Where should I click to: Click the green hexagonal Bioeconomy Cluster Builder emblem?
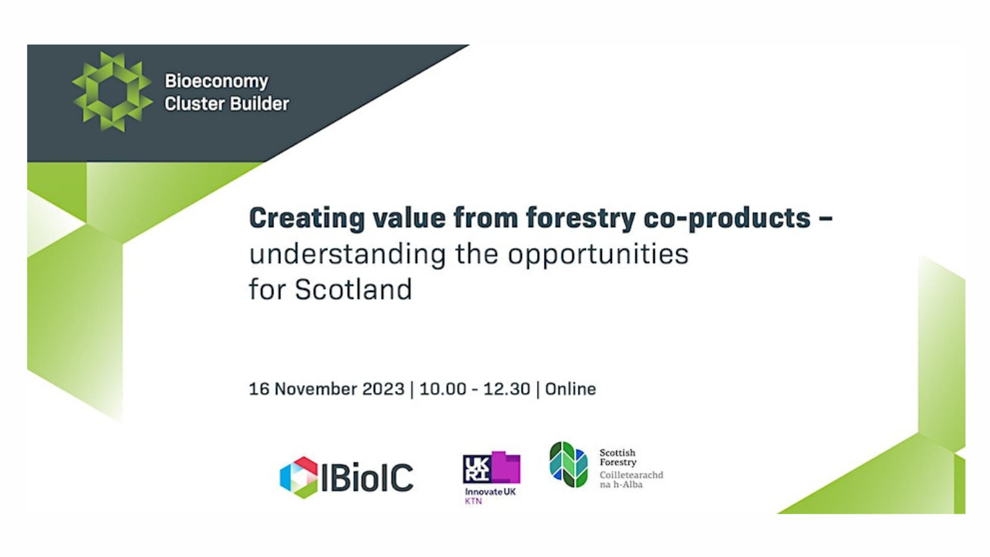tap(112, 92)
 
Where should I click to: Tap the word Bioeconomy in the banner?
tap(217, 82)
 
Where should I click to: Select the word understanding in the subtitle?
tap(348, 255)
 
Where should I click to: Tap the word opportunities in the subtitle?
tap(598, 255)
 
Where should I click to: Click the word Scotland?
tap(353, 290)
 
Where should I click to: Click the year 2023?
tap(384, 389)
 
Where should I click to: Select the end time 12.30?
tap(507, 389)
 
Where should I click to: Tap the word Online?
tap(570, 389)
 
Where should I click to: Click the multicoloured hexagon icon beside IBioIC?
tap(299, 477)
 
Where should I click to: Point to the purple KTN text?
tap(473, 501)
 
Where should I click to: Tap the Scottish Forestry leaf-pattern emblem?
tap(569, 464)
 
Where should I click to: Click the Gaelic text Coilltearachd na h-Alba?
tap(631, 480)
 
